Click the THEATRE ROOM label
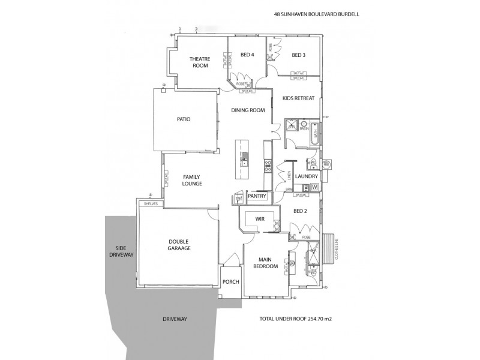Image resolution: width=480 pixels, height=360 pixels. click(199, 62)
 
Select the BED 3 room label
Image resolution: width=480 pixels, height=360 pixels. click(298, 55)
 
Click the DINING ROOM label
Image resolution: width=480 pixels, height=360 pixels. click(248, 110)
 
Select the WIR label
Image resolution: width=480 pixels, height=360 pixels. click(260, 219)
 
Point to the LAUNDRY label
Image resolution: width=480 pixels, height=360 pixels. click(305, 176)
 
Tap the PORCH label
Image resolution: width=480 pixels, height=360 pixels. click(230, 281)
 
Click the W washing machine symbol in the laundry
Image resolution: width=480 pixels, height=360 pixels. click(314, 187)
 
